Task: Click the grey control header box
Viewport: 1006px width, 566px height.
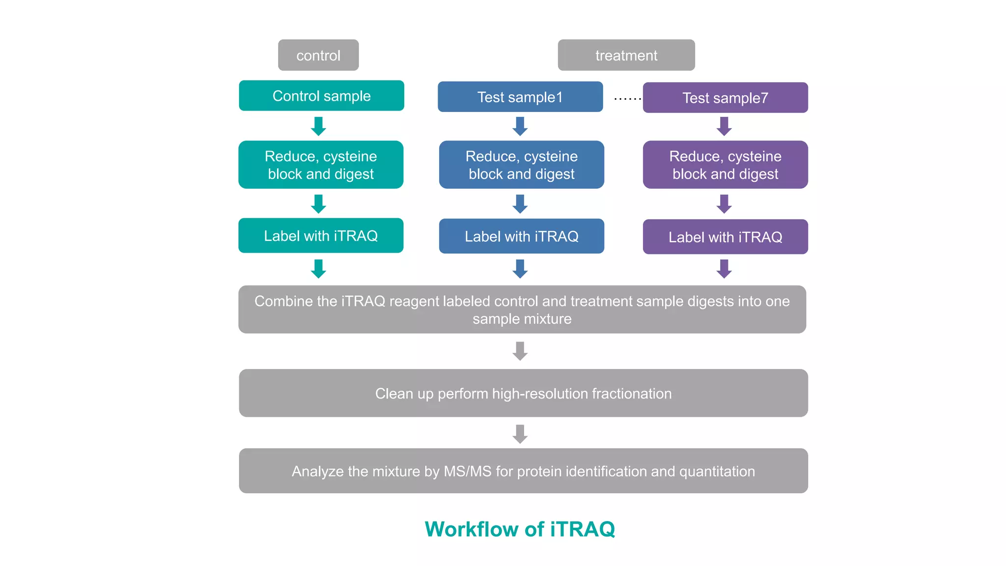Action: (318, 55)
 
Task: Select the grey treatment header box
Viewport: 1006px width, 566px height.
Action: (626, 55)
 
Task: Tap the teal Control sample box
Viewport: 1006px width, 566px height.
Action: (321, 96)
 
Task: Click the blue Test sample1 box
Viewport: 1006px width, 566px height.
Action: (520, 97)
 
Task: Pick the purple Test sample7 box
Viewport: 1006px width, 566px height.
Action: (725, 98)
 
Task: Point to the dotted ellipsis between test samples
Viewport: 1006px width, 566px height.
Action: (627, 99)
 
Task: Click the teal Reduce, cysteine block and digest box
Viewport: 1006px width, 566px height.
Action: (321, 165)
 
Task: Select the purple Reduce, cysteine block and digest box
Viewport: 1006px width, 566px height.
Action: (725, 165)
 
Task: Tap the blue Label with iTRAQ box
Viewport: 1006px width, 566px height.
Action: (521, 236)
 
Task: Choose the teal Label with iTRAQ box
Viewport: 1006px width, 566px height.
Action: (321, 236)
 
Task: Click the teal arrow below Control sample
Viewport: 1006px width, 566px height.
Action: (318, 126)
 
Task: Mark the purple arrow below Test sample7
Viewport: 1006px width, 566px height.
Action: (724, 126)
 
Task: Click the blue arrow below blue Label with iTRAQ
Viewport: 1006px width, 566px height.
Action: (520, 269)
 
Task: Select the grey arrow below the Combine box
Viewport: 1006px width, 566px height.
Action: (520, 351)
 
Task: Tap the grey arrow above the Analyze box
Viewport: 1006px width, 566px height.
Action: (520, 434)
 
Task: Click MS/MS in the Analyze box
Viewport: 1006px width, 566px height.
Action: (467, 471)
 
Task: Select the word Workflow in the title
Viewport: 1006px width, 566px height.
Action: (472, 529)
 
